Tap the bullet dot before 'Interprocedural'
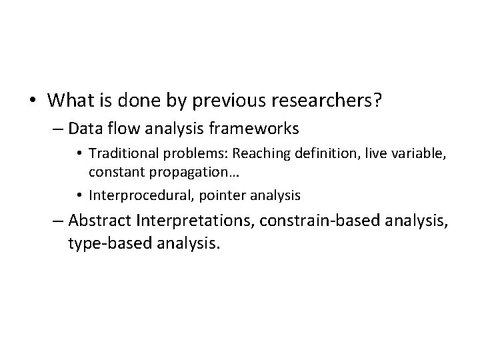pos(83,195)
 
